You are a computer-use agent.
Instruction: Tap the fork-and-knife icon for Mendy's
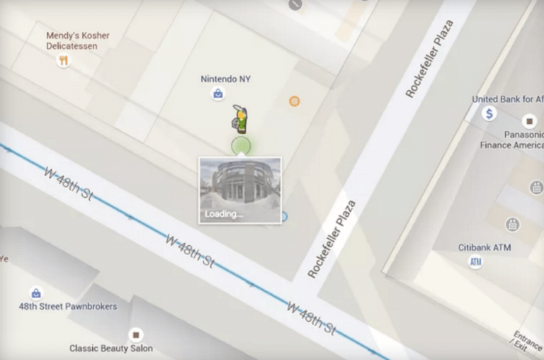pyautogui.click(x=64, y=61)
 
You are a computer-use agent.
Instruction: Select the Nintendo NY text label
pyautogui.click(x=225, y=79)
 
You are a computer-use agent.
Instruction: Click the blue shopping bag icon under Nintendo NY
pyautogui.click(x=219, y=94)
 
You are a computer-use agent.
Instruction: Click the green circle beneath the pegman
pyautogui.click(x=241, y=146)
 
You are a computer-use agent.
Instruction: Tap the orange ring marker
pyautogui.click(x=294, y=101)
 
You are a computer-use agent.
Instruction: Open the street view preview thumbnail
pyautogui.click(x=239, y=186)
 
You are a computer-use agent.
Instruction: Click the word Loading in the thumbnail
pyautogui.click(x=223, y=214)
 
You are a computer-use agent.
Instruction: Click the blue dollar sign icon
pyautogui.click(x=489, y=113)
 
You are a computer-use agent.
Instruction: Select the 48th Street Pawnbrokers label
pyautogui.click(x=68, y=307)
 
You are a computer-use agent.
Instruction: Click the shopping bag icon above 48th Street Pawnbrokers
pyautogui.click(x=36, y=293)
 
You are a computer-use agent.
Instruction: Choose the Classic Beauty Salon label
pyautogui.click(x=110, y=349)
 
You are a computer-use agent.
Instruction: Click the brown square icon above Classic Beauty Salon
pyautogui.click(x=135, y=334)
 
